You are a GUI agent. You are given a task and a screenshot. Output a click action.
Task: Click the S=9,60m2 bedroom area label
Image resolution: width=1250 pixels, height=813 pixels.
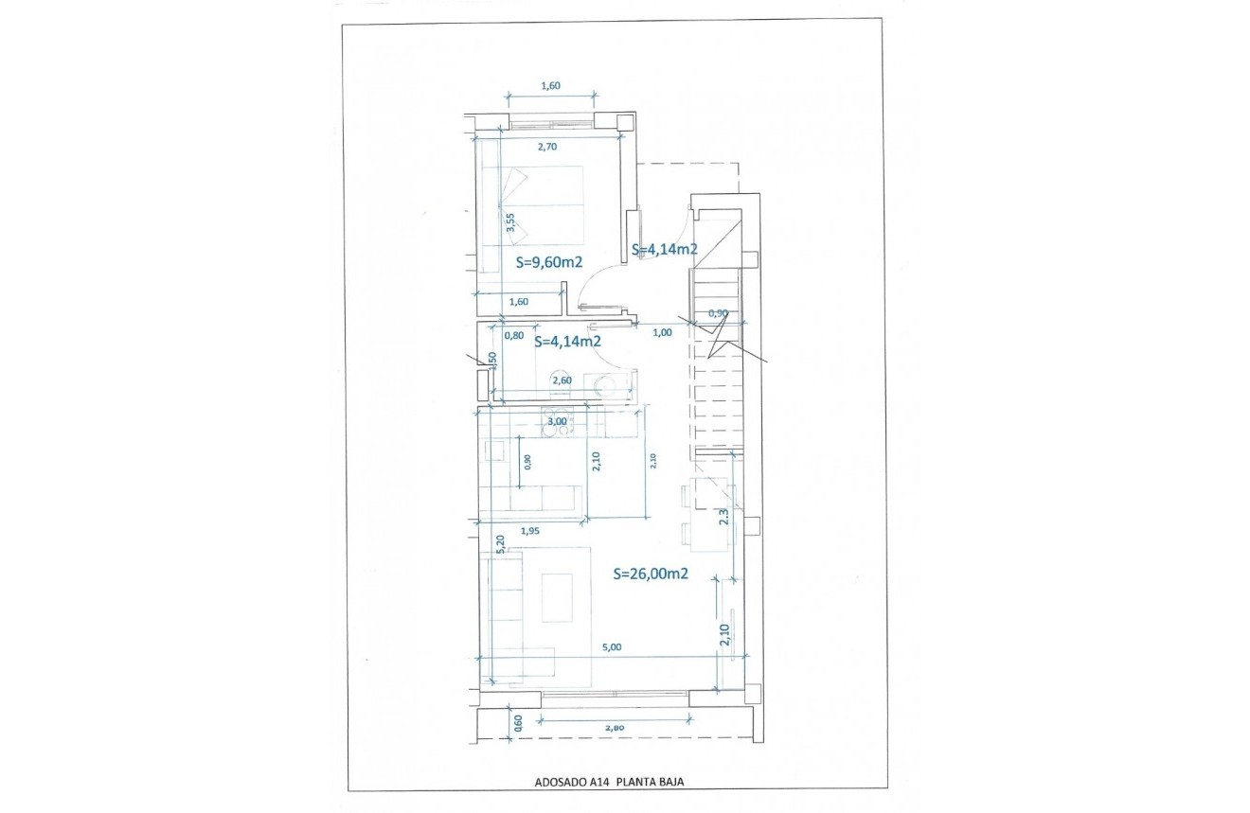pos(548,262)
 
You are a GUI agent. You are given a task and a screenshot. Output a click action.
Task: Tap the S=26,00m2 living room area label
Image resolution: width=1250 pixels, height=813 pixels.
pos(650,573)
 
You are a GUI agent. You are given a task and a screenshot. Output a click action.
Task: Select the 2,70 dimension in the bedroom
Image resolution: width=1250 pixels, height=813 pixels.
pos(547,147)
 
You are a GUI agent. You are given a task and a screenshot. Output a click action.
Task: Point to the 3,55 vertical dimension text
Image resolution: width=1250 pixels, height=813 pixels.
pos(510,223)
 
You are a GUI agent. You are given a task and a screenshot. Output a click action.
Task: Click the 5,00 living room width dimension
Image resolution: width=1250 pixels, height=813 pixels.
pos(612,647)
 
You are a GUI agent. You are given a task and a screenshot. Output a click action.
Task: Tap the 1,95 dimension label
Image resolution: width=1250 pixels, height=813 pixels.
pos(530,531)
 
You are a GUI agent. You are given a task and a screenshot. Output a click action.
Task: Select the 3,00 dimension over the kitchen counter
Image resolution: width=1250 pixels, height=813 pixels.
pos(558,421)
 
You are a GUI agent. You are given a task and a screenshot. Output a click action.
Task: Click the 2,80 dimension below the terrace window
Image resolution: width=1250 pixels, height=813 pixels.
pos(613,728)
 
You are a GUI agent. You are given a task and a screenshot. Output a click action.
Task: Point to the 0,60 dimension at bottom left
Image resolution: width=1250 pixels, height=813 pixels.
pos(518,724)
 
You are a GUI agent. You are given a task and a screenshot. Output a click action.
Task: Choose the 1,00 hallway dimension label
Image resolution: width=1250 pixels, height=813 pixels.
pos(663,331)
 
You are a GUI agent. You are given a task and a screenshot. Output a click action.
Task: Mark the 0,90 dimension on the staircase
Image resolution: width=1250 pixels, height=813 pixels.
pos(718,313)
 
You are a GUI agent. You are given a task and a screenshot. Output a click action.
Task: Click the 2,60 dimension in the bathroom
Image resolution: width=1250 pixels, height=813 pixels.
pos(561,380)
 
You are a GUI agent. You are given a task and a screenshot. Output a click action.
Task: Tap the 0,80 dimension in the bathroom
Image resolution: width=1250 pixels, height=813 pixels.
pos(514,335)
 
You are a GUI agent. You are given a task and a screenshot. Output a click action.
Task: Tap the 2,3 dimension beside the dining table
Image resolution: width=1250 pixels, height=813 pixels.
pos(724,518)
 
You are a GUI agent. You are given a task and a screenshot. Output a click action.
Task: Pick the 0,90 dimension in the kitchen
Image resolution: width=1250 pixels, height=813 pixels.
pos(527,462)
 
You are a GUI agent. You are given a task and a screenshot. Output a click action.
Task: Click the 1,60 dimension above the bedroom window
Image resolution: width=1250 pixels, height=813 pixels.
pos(550,85)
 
